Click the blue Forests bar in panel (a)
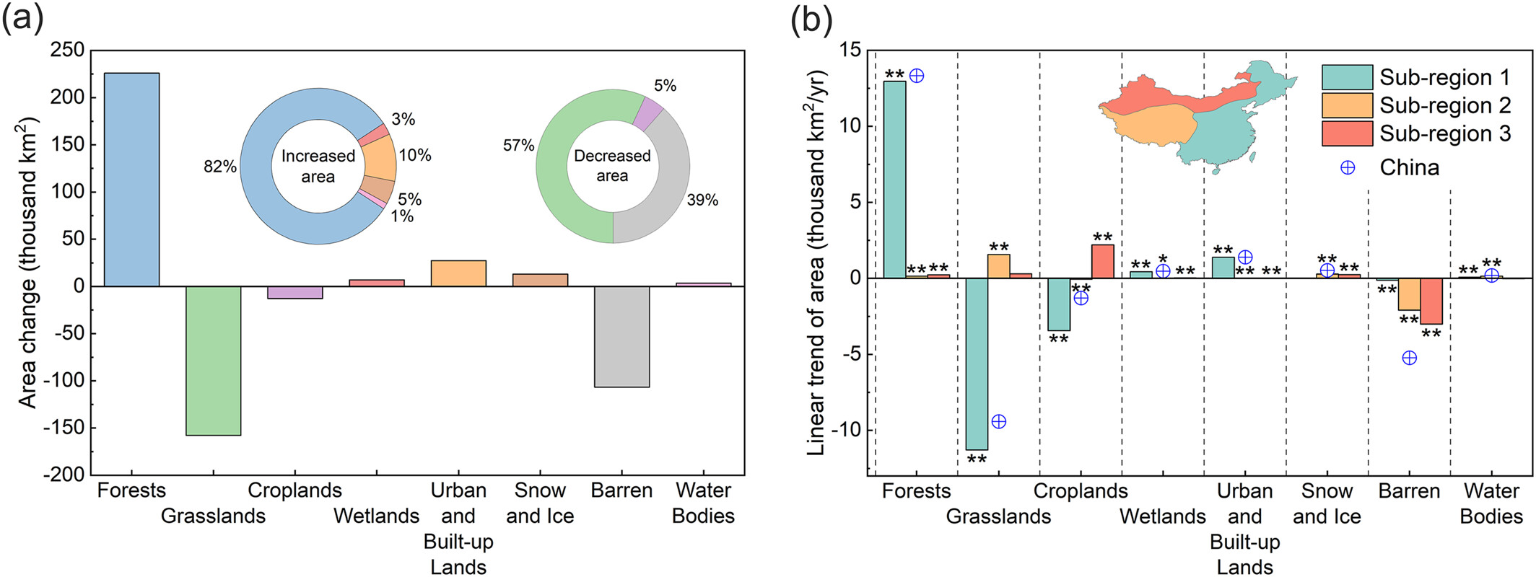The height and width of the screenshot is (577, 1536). tap(131, 180)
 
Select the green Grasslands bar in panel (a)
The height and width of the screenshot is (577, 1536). tap(213, 361)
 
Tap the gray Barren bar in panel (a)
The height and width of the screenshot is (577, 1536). tap(621, 337)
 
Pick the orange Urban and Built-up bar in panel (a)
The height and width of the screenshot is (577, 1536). tap(458, 273)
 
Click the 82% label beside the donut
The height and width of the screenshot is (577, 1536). tap(220, 167)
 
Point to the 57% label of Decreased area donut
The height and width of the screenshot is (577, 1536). tap(519, 146)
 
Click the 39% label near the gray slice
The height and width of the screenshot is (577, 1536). tap(702, 200)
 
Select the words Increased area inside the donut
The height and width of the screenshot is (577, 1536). tap(318, 166)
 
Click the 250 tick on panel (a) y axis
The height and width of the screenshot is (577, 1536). tap(68, 50)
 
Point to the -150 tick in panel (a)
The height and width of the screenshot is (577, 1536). tap(64, 428)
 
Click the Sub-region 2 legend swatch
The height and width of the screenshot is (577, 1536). tap(1347, 105)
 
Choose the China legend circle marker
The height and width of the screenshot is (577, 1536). tap(1347, 167)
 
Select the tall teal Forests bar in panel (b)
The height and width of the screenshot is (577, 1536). tap(894, 180)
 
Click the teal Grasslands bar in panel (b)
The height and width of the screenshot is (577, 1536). tap(977, 364)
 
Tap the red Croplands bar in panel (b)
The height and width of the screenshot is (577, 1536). tap(1102, 261)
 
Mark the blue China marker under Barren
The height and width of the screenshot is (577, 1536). tap(1409, 358)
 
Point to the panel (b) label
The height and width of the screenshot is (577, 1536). tap(811, 19)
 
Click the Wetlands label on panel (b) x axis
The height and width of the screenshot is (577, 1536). tap(1162, 516)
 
